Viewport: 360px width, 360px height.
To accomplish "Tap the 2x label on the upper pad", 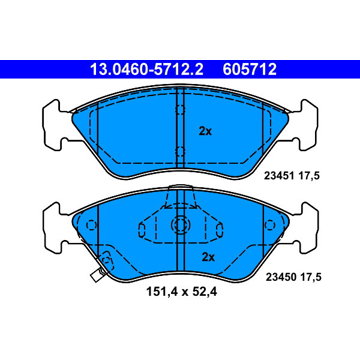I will pos(205,131).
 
